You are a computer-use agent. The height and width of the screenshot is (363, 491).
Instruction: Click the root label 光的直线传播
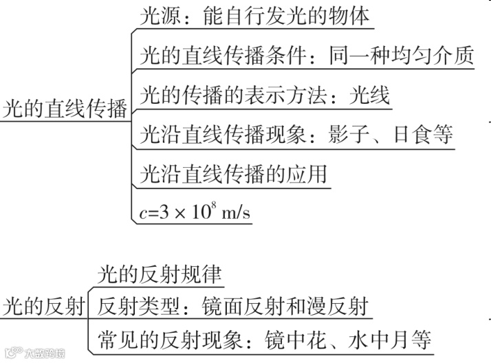click(65, 110)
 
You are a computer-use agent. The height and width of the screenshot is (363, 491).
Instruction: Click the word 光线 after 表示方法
click(369, 94)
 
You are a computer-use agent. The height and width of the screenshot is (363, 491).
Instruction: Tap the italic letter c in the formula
click(144, 213)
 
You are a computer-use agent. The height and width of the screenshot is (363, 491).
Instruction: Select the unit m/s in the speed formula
click(232, 212)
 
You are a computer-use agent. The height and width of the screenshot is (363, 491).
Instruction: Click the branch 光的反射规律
click(160, 274)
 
